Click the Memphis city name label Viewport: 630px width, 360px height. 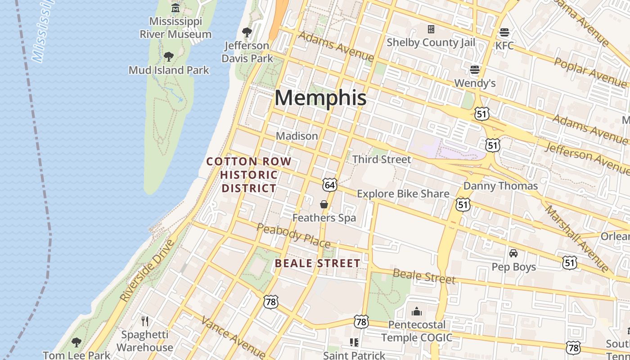tap(320, 98)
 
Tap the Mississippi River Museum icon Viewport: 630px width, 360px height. tap(175, 8)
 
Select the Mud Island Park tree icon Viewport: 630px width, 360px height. tap(169, 57)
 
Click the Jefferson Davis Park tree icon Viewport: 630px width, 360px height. tap(247, 32)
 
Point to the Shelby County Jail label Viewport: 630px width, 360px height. tap(431, 42)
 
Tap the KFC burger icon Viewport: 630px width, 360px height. tap(504, 32)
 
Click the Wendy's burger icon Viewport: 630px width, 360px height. tap(475, 70)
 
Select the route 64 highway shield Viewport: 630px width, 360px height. tap(329, 184)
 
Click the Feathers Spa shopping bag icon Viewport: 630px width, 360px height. tap(324, 204)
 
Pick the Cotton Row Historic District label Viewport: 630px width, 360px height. tap(249, 175)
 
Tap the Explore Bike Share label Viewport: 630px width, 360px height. tap(403, 194)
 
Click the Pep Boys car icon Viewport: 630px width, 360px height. tap(513, 253)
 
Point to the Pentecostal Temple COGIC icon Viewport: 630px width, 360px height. tap(417, 311)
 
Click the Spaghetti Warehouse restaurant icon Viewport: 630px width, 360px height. tap(145, 321)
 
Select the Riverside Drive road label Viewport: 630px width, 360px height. tap(147, 271)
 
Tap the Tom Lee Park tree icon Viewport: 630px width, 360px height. tap(76, 342)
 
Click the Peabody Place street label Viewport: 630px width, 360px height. tap(293, 235)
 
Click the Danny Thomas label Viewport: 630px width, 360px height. tap(500, 186)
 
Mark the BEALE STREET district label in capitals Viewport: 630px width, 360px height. tap(317, 263)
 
